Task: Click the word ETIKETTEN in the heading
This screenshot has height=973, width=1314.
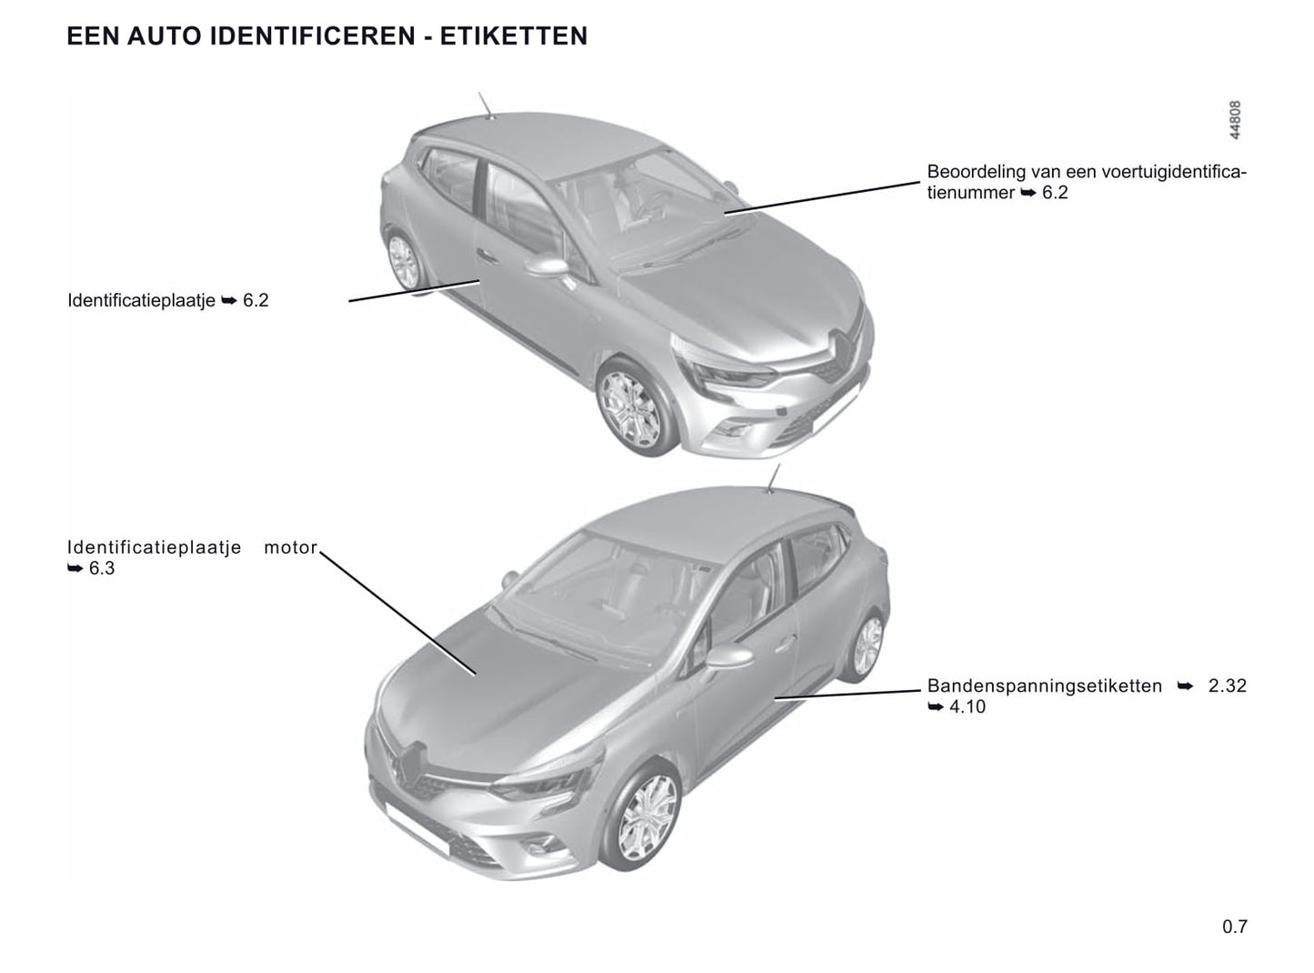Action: tap(513, 36)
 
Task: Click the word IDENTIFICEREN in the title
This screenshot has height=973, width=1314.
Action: tap(312, 36)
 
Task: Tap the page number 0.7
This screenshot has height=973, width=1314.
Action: tap(1235, 927)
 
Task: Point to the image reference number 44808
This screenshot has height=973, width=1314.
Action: tap(1235, 120)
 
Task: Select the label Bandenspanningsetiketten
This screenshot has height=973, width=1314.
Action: tap(1045, 687)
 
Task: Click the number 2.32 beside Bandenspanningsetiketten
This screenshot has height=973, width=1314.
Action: tap(1228, 687)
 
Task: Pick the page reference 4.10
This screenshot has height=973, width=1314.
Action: tap(968, 707)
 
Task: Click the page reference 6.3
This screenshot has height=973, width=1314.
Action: tap(101, 569)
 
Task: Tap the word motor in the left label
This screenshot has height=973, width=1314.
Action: tap(290, 547)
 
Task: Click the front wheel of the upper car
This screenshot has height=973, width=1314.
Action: tap(629, 407)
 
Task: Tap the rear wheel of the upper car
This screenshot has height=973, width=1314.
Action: tap(404, 261)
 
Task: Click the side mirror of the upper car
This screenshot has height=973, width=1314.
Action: tap(547, 266)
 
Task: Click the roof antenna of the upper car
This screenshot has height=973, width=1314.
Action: tap(486, 105)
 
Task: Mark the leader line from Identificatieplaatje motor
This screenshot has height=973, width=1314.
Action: tap(397, 613)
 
